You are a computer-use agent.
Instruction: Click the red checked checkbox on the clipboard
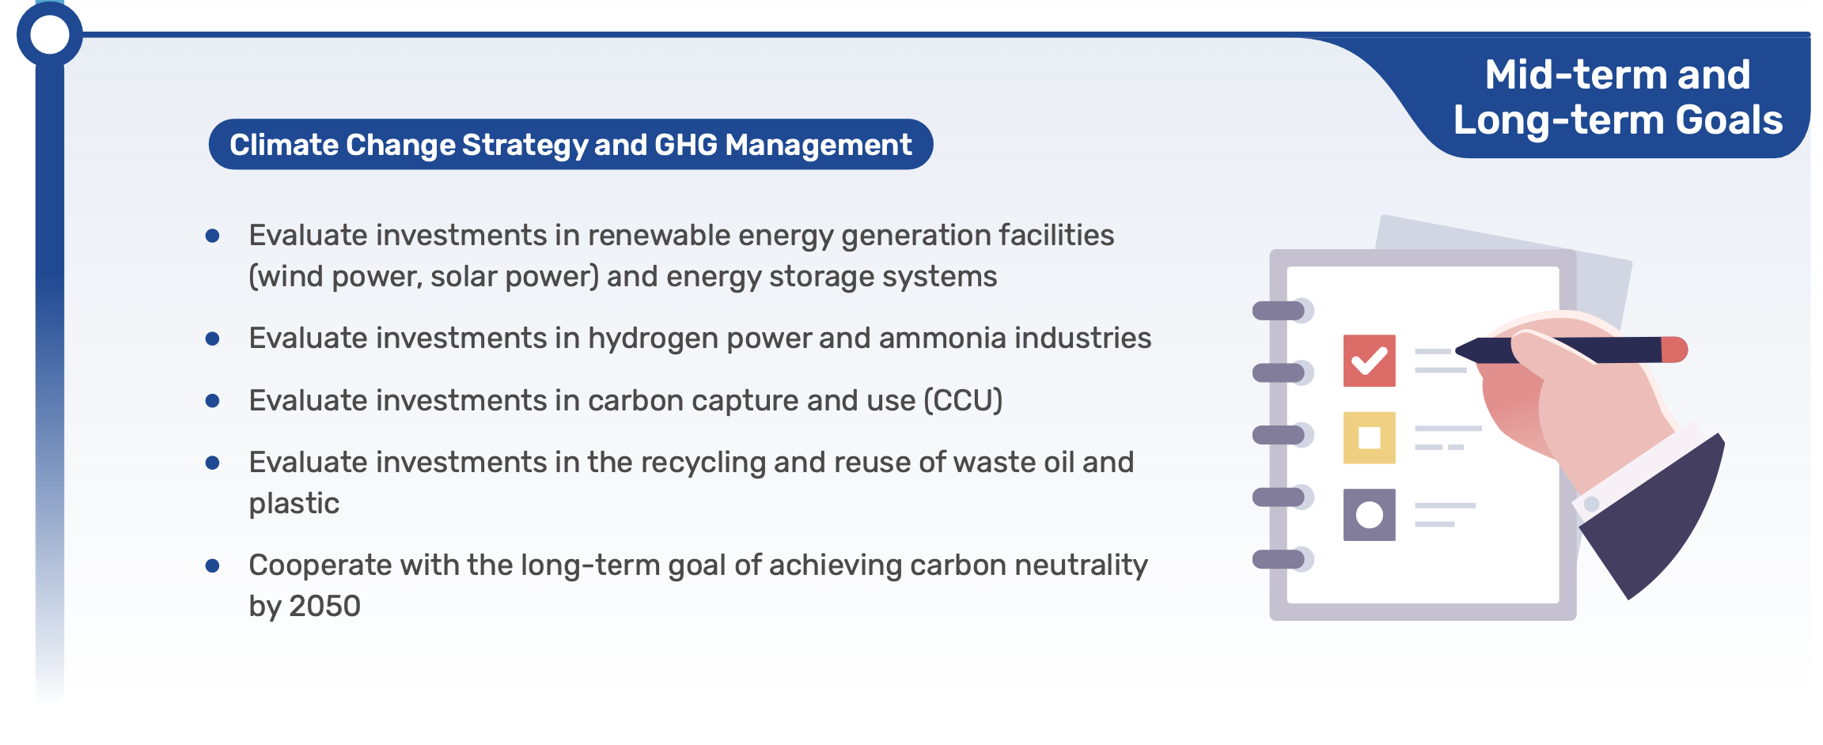[x=1369, y=361]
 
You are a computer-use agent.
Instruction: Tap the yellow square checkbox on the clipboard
[x=1369, y=437]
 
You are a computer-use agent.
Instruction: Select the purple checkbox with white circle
[x=1369, y=515]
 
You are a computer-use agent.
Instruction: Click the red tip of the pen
[x=1674, y=350]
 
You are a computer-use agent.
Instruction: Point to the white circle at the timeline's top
[x=49, y=35]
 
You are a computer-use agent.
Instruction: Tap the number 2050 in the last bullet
[x=324, y=606]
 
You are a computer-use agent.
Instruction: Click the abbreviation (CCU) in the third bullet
[x=963, y=400]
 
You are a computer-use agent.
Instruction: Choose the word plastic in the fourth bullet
[x=294, y=504]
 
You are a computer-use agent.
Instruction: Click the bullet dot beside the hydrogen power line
[x=212, y=338]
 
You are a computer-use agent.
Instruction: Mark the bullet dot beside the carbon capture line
[x=212, y=400]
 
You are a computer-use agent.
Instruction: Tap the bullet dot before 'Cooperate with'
[x=212, y=565]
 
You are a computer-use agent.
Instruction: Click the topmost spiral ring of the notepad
[x=1282, y=311]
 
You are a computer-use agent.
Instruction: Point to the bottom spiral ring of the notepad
[x=1282, y=559]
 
